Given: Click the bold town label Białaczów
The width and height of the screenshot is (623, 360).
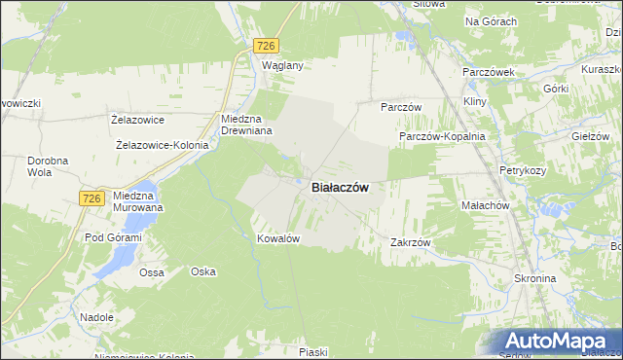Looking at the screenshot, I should coord(339,188).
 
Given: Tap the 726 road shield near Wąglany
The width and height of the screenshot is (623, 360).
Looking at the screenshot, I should coord(266,46).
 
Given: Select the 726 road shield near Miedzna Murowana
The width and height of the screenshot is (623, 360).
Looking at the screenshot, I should coord(92,198).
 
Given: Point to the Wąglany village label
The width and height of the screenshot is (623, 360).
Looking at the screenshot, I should coord(283,66).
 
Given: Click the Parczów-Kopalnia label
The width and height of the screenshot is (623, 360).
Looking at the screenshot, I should coord(442,137).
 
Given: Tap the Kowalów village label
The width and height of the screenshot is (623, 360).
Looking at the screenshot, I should coord(276,238).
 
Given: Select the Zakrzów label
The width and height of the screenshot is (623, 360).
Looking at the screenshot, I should coord(410,242).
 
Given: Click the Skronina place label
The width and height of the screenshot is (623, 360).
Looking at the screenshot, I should coord(534,278).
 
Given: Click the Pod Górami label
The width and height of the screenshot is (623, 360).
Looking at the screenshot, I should coord(114,237).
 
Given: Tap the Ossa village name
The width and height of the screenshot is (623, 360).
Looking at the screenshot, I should coord(151,272).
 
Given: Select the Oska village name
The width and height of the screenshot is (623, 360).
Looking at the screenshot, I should coord(202,271).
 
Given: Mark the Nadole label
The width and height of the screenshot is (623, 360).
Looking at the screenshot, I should coord(97,317).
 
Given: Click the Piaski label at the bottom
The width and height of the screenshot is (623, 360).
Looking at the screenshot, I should coord(313,351).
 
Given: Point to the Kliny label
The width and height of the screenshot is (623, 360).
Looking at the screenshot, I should coord(475,102).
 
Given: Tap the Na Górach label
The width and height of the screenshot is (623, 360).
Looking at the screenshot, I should coord(491,21).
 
